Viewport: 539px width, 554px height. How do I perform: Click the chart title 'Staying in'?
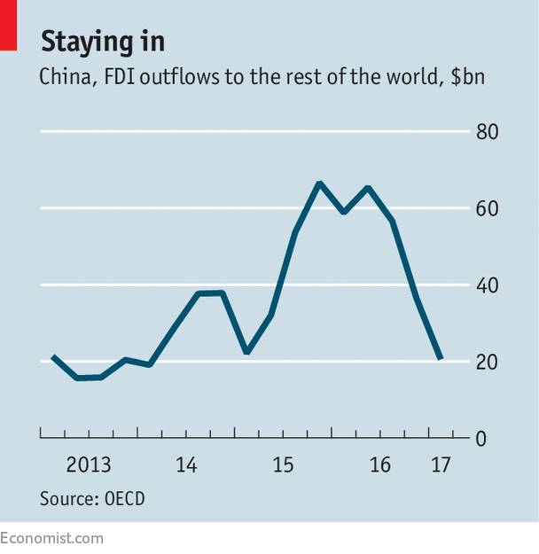point(102,41)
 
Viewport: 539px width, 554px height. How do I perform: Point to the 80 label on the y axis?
point(488,133)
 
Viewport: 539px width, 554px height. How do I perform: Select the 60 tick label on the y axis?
point(488,209)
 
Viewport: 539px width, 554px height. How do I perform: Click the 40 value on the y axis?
point(488,285)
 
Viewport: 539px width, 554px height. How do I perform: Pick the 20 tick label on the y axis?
point(488,362)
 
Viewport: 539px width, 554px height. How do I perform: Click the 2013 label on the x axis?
point(89,465)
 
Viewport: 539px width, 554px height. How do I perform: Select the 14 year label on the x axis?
point(185,465)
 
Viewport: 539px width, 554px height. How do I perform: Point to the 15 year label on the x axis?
point(283,465)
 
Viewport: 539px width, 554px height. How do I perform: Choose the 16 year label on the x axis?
point(379,465)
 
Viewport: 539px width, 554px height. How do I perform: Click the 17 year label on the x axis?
point(440,465)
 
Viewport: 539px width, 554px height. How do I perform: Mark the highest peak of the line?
point(319,183)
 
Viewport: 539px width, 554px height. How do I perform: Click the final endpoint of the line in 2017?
point(441,359)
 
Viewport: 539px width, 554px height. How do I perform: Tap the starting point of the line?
point(52,356)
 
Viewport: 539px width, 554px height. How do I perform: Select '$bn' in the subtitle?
point(470,77)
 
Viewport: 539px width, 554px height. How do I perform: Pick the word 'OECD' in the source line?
point(122,498)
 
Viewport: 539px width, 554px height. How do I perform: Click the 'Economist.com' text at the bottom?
point(51,537)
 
